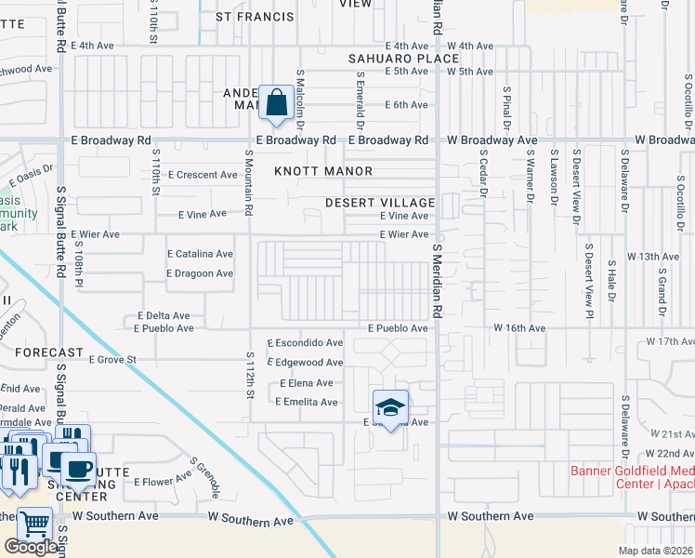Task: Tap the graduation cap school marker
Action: [x=391, y=406]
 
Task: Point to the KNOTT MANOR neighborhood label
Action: [x=323, y=171]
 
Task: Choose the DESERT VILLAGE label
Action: [x=380, y=203]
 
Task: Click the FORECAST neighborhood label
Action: [x=49, y=352]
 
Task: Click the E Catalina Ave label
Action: [x=200, y=254]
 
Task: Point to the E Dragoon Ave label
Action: [x=199, y=273]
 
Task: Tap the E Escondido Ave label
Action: [x=305, y=342]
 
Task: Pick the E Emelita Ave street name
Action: [x=306, y=402]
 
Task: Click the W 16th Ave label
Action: [x=518, y=328]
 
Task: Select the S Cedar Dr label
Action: [x=484, y=175]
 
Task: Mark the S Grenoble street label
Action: [x=205, y=475]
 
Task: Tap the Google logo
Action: [x=31, y=547]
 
